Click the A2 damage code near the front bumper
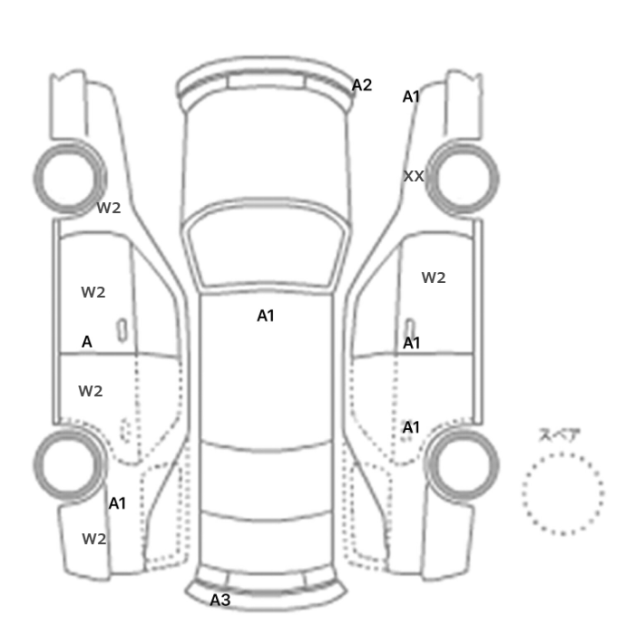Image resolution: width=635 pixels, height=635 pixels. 362,85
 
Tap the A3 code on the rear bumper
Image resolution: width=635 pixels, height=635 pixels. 220,601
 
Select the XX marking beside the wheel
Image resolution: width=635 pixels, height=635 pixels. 414,176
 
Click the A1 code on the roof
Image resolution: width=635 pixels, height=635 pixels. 266,316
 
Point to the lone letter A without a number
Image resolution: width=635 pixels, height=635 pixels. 87,342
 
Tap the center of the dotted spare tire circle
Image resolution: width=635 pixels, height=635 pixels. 563,493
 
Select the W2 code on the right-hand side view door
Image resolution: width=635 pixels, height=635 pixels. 434,278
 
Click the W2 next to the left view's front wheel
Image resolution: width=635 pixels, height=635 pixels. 109,208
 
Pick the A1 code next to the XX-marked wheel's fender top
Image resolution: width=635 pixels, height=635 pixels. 411,97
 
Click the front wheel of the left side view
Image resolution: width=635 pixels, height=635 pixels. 70,179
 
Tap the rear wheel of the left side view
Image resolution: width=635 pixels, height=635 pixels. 70,465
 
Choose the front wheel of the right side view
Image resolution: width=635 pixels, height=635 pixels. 463,179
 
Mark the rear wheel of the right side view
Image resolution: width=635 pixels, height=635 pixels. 463,465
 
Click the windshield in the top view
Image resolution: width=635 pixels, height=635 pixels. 266,247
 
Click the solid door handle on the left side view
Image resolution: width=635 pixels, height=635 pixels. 122,330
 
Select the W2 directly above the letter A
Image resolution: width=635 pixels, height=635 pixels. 93,292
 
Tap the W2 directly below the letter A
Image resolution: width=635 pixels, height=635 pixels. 91,391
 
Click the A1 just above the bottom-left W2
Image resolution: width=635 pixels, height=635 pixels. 117,503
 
